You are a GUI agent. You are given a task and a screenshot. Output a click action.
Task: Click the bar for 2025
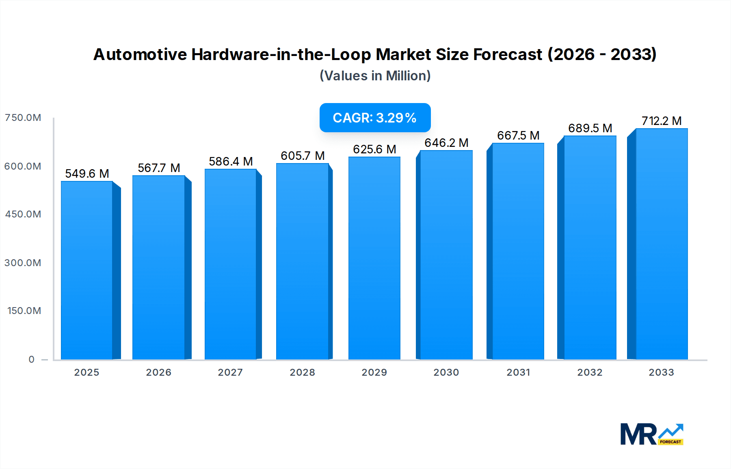pos(87,270)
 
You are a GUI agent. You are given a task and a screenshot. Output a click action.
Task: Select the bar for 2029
pos(374,258)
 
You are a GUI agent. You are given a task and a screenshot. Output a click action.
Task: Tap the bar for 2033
pos(662,243)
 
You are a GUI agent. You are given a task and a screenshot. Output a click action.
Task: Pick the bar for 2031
pos(518,251)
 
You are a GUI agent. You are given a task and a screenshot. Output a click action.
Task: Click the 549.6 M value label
pos(87,174)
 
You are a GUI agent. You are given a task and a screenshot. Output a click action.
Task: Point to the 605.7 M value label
pos(303,156)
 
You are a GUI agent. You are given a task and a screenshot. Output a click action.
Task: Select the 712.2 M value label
pos(662,121)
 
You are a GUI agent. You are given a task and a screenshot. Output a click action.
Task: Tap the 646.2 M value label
pos(446,143)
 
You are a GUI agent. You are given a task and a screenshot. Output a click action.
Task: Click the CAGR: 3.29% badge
pos(375,118)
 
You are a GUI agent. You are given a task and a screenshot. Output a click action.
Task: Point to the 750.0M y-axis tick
pos(23,118)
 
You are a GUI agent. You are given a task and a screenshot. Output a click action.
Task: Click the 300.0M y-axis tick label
pos(23,263)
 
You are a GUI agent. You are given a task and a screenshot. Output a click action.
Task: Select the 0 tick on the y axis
pos(32,359)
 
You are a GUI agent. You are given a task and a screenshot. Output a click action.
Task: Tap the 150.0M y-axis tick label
pos(24,311)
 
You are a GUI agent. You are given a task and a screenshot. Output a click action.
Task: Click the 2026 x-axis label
pos(159,372)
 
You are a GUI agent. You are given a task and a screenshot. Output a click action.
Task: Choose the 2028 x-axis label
pos(303,372)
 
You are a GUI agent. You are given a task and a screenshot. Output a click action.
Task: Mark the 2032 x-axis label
pos(590,372)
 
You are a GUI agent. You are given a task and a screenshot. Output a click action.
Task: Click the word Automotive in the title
pos(140,54)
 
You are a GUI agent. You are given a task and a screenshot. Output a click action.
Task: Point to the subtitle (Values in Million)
pos(375,76)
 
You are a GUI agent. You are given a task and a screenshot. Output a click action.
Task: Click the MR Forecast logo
pos(651,434)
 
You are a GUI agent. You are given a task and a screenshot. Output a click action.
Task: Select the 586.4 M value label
pos(231,161)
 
